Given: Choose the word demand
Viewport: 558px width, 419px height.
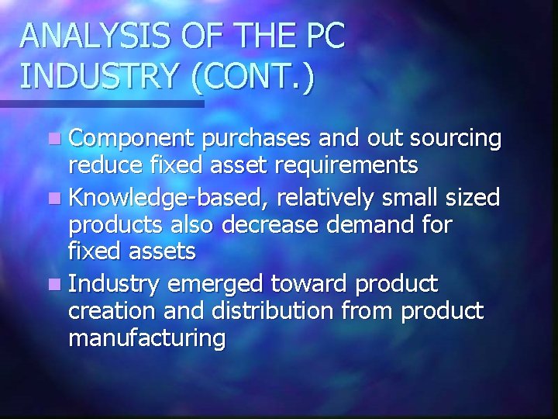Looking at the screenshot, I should pos(374,224).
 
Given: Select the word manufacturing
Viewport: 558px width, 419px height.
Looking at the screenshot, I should pos(147,338).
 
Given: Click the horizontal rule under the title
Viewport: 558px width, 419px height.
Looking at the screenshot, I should pos(101,103).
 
